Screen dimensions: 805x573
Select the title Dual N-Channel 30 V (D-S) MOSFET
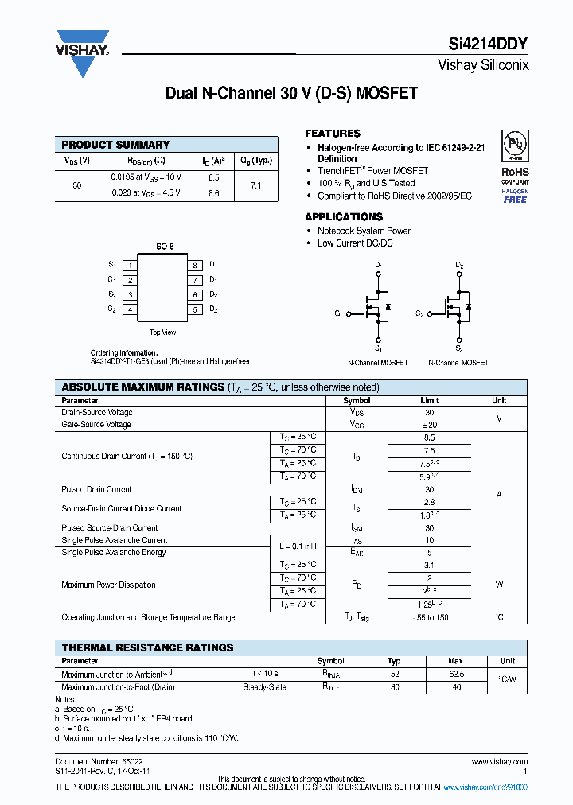pyautogui.click(x=291, y=93)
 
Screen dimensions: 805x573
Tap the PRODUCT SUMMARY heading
pyautogui.click(x=115, y=145)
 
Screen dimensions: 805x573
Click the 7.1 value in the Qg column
pyautogui.click(x=256, y=185)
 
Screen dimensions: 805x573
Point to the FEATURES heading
pyautogui.click(x=333, y=134)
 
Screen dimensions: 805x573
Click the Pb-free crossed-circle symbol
pyautogui.click(x=515, y=145)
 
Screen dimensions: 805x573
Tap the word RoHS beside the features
pyautogui.click(x=515, y=171)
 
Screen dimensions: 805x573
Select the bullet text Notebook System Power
pyautogui.click(x=364, y=231)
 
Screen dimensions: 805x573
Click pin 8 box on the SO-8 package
pyautogui.click(x=193, y=265)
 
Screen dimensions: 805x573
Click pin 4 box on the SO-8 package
pyautogui.click(x=129, y=309)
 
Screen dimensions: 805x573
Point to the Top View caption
pyautogui.click(x=162, y=332)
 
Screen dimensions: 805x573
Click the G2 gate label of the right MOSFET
pyautogui.click(x=419, y=313)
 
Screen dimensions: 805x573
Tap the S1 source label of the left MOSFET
pyautogui.click(x=379, y=348)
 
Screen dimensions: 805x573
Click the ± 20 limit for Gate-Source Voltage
pyautogui.click(x=429, y=425)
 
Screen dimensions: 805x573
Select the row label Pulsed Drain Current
pyautogui.click(x=96, y=489)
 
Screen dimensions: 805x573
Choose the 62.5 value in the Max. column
pyautogui.click(x=456, y=674)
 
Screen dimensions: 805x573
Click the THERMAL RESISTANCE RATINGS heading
pyautogui.click(x=147, y=647)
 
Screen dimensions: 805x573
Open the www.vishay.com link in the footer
pyautogui.click(x=500, y=761)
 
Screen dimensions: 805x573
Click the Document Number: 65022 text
pyautogui.click(x=99, y=761)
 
